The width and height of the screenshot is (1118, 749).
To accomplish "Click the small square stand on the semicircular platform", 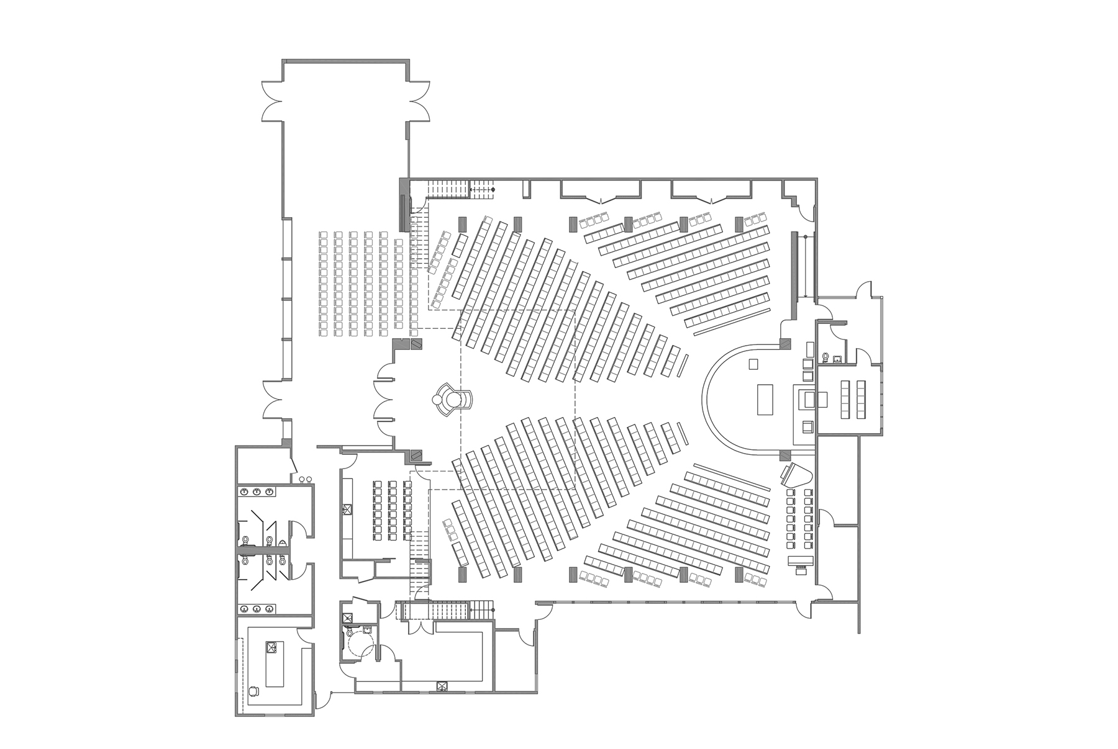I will coord(753,364).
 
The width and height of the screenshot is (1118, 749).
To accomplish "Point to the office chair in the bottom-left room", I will coord(253,690).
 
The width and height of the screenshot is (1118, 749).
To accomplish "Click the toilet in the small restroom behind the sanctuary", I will coord(825,357).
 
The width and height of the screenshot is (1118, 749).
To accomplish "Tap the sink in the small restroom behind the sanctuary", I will coord(837,358).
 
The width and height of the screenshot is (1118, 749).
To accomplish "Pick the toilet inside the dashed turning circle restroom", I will coord(350,633).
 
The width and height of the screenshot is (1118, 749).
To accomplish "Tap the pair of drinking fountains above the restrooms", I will coord(305,480).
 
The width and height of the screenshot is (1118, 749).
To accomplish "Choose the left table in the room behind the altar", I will coord(845,400).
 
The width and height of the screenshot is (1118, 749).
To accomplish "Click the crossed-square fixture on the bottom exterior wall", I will coord(442,686).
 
